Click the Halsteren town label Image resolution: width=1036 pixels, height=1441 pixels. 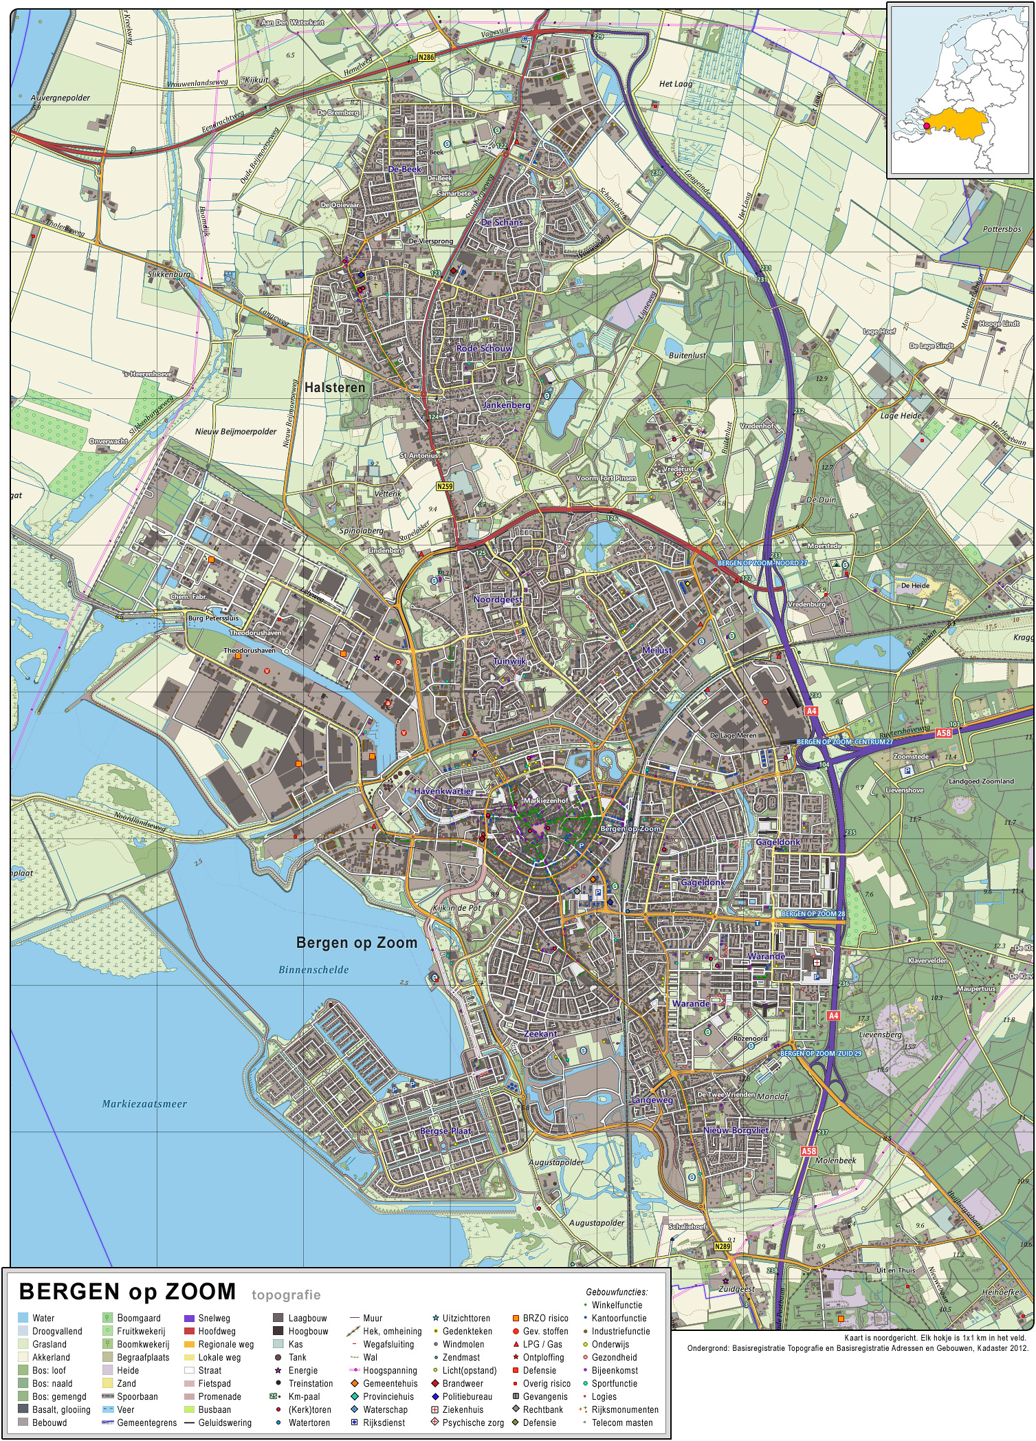pyautogui.click(x=335, y=388)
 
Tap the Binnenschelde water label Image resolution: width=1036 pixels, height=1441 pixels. pyautogui.click(x=313, y=970)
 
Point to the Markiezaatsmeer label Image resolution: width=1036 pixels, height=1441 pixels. pyautogui.click(x=144, y=1104)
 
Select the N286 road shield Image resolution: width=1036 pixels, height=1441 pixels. pyautogui.click(x=426, y=58)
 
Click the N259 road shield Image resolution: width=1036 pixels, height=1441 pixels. pyautogui.click(x=445, y=486)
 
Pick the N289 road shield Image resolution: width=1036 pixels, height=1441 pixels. pyautogui.click(x=722, y=1246)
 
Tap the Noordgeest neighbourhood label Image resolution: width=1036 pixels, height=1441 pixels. pyautogui.click(x=498, y=600)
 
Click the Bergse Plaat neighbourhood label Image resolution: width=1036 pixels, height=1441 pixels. pyautogui.click(x=445, y=1131)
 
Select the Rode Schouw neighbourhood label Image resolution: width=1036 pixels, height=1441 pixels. pyautogui.click(x=484, y=349)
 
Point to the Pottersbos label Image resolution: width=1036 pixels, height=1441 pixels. pyautogui.click(x=1002, y=229)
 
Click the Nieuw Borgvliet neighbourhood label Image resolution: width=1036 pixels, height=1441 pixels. pyautogui.click(x=736, y=1130)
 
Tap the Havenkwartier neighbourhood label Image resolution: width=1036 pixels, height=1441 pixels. pyautogui.click(x=444, y=791)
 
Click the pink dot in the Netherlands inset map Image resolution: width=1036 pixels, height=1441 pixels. pyautogui.click(x=927, y=126)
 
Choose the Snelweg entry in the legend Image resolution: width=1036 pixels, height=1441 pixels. pyautogui.click(x=214, y=1319)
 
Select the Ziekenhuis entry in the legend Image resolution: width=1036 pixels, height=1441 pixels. pyautogui.click(x=462, y=1409)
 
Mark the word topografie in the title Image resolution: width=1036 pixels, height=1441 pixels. pyautogui.click(x=286, y=1295)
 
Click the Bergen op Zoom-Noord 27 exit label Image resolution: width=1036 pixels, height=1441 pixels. pyautogui.click(x=762, y=563)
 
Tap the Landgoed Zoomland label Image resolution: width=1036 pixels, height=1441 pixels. pyautogui.click(x=981, y=781)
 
